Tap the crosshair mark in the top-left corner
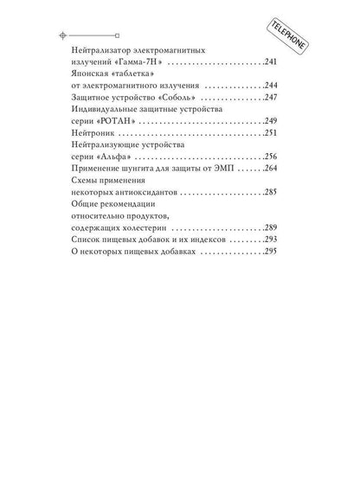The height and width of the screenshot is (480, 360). point(61,36)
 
